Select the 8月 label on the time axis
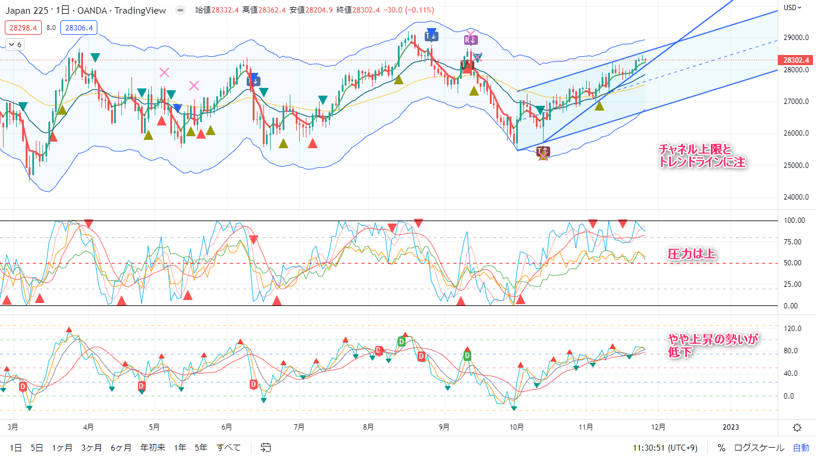click(x=369, y=427)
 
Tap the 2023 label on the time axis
click(x=730, y=427)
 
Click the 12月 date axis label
click(x=658, y=427)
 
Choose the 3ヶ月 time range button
click(x=91, y=447)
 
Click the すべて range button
click(x=229, y=447)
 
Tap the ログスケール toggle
click(x=759, y=447)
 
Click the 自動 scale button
click(x=801, y=447)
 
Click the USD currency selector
click(x=791, y=7)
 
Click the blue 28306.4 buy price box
click(x=79, y=27)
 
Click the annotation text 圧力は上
click(x=692, y=254)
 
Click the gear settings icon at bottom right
click(x=797, y=427)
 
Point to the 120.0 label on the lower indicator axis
click(x=792, y=329)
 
